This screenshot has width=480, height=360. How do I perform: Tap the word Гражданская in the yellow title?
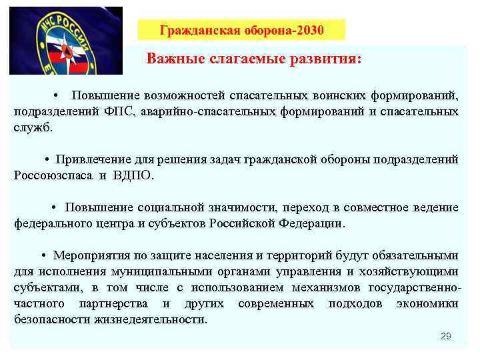click(x=193, y=30)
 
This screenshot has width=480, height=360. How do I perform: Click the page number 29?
click(x=446, y=337)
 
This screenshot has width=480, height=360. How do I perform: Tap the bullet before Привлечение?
click(x=47, y=159)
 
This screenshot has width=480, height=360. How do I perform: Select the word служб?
click(x=33, y=127)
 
